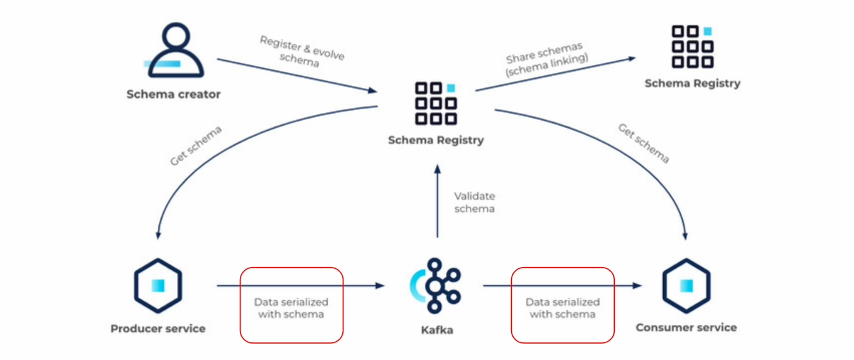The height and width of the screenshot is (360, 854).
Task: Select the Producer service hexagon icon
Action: coord(158,286)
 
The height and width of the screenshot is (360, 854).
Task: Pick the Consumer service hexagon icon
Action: coord(686,286)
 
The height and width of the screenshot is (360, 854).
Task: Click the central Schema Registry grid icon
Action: coord(436,103)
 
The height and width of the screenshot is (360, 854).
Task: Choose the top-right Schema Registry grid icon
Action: coord(692,46)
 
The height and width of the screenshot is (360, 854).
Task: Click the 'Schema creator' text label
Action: coord(173,94)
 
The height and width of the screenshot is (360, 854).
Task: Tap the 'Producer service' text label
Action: coord(158,329)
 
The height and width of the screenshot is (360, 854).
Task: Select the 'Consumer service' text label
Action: coord(686,327)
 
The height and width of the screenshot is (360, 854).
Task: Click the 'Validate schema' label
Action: coord(474,202)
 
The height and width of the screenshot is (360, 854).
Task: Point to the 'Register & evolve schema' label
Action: coord(301,52)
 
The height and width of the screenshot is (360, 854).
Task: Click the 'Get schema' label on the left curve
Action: coord(196,146)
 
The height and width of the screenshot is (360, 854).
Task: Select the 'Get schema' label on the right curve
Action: coord(644,144)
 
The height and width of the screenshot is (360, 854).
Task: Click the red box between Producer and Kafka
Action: coord(291,305)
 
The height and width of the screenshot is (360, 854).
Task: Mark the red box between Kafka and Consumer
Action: coord(563,305)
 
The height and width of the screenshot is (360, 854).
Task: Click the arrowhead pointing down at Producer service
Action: coord(158,235)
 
